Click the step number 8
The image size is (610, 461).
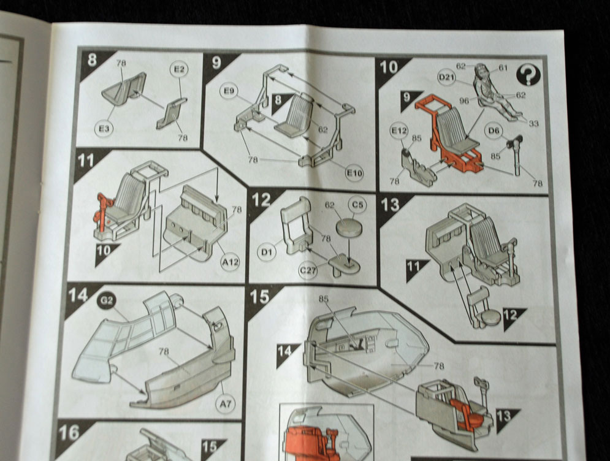pyautogui.click(x=93, y=60)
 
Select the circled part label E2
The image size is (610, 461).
pyautogui.click(x=179, y=70)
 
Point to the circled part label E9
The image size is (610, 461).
pyautogui.click(x=229, y=92)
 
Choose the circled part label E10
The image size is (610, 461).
pyautogui.click(x=354, y=173)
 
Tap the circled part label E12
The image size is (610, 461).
pyautogui.click(x=399, y=131)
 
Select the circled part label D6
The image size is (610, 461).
pyautogui.click(x=494, y=130)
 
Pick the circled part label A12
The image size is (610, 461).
pyautogui.click(x=229, y=264)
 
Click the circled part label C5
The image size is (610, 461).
pyautogui.click(x=356, y=205)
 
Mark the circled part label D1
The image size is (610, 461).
pyautogui.click(x=267, y=251)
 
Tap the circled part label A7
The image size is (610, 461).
pyautogui.click(x=227, y=404)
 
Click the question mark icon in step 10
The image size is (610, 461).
pyautogui.click(x=528, y=75)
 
